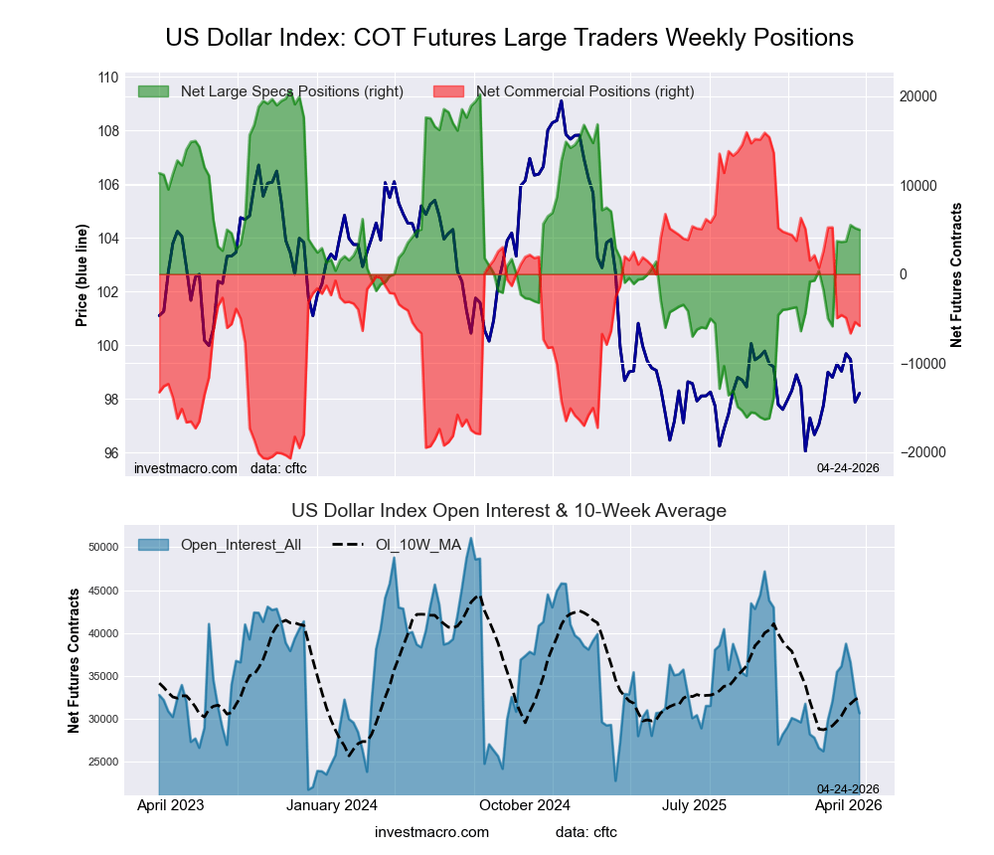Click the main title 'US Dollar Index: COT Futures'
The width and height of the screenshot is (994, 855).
point(509,38)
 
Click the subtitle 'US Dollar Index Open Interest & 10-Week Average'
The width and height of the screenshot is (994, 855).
point(509,511)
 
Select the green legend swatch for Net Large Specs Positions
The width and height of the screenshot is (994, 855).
point(155,91)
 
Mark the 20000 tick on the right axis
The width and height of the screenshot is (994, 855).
point(918,96)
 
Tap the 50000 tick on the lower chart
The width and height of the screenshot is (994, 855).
point(104,548)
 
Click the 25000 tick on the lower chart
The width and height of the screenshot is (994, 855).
point(104,762)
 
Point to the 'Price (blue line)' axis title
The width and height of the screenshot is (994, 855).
point(82,265)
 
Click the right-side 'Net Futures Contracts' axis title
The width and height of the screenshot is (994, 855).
point(957,274)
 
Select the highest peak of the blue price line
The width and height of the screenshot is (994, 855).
point(562,100)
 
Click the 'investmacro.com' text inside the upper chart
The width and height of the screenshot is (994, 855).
point(186,467)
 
